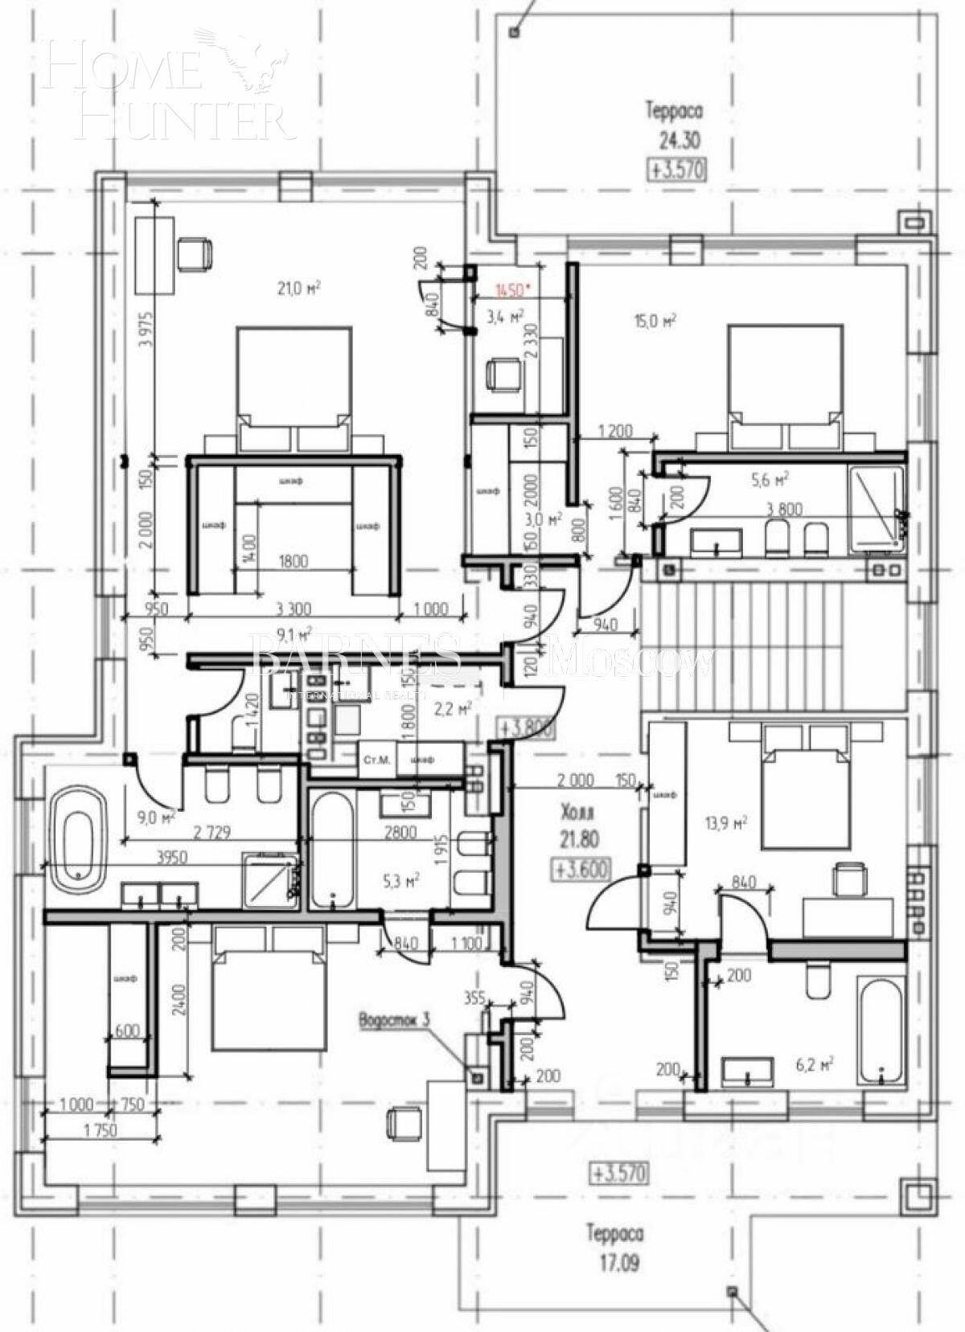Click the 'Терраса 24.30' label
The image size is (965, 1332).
tap(674, 125)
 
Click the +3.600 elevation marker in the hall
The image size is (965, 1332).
tap(580, 869)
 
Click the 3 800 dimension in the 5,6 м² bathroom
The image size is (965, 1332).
tap(785, 509)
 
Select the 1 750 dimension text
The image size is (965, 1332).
tap(99, 1129)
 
